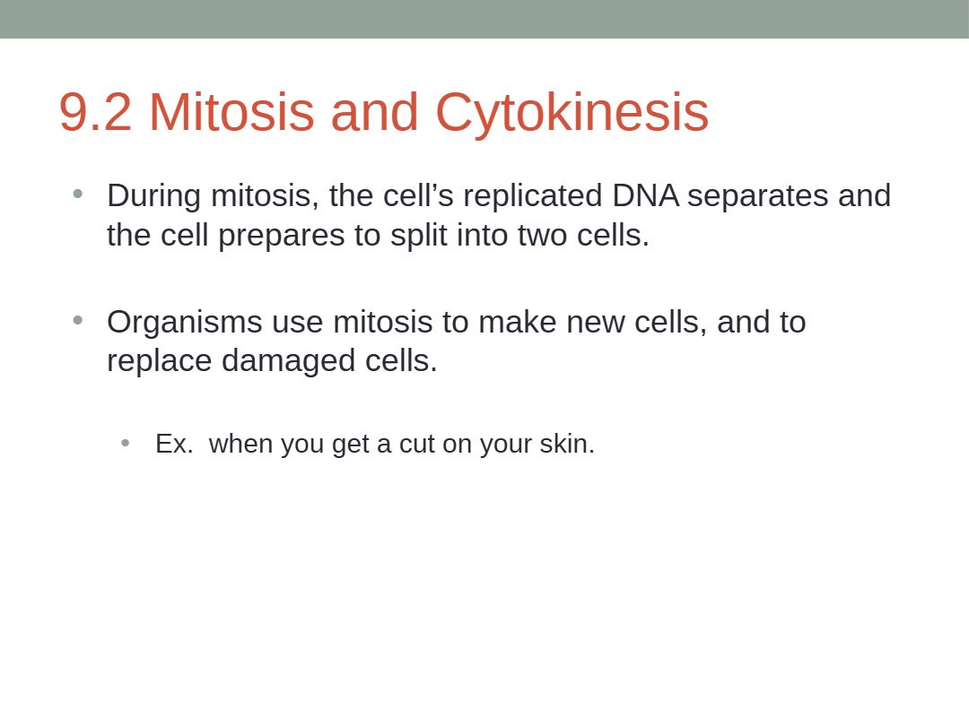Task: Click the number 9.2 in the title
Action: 96,112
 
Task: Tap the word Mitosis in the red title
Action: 232,112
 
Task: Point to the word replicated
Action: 533,196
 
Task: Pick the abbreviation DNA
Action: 646,196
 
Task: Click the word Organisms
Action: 185,323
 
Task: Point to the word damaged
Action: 289,362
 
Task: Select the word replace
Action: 160,362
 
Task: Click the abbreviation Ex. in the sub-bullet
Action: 174,444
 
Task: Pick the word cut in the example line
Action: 417,445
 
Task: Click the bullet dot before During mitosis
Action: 78,194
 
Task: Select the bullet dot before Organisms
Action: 78,320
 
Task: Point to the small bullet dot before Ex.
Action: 127,443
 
